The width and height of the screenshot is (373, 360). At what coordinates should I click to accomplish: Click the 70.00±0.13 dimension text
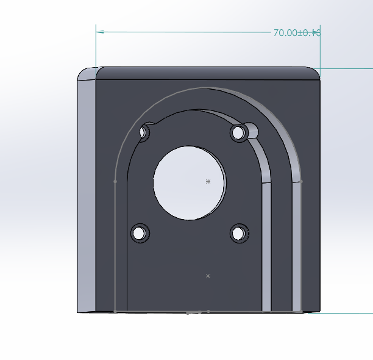(x=297, y=33)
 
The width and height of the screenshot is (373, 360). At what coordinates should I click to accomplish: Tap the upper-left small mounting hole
(x=146, y=132)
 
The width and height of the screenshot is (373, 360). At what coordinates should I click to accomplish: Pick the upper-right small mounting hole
(x=238, y=132)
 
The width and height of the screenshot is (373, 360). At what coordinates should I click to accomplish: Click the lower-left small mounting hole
(x=140, y=232)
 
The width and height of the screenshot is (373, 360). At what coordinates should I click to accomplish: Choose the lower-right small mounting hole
(x=239, y=232)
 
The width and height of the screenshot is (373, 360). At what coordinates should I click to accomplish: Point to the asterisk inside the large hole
(x=208, y=181)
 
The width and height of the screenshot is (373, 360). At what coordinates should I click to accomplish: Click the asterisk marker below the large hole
(x=208, y=276)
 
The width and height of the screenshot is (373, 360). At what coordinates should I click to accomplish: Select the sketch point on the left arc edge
(x=115, y=181)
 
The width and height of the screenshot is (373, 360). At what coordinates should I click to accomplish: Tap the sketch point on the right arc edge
(x=301, y=181)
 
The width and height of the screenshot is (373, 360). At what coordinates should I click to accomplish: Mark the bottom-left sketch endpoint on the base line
(x=115, y=312)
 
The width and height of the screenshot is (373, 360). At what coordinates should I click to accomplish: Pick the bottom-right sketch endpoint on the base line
(x=301, y=312)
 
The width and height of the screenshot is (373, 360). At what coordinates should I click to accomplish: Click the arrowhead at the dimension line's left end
(x=101, y=31)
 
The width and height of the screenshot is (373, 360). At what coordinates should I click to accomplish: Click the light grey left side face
(x=86, y=195)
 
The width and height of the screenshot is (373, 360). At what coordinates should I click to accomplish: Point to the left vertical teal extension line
(x=96, y=49)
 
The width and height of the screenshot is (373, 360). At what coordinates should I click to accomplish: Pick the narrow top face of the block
(x=207, y=72)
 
